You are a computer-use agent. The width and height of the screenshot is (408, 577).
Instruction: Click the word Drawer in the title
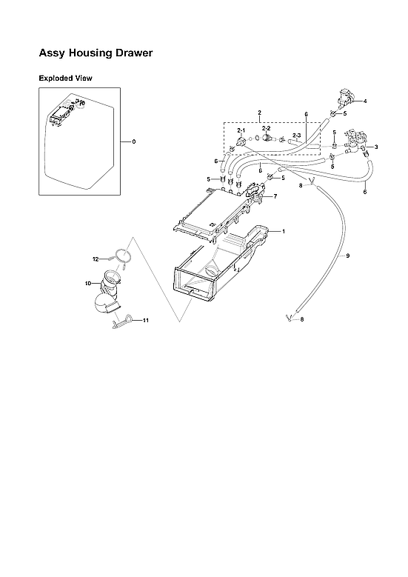(x=132, y=54)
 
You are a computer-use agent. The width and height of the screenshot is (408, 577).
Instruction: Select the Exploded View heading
(x=65, y=78)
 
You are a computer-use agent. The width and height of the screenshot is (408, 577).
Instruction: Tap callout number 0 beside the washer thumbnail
(x=133, y=141)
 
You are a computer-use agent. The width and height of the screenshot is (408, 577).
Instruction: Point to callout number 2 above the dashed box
(x=259, y=112)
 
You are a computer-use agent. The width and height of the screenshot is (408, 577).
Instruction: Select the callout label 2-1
(x=241, y=130)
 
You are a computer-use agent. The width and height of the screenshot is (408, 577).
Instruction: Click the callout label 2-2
(x=267, y=128)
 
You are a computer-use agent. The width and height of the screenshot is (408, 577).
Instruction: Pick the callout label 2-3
(x=296, y=135)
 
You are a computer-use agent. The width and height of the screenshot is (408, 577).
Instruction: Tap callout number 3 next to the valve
(x=376, y=147)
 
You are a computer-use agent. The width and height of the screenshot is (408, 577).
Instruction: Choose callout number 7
(x=275, y=196)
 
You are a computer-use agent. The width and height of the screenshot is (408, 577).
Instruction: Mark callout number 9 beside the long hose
(x=348, y=256)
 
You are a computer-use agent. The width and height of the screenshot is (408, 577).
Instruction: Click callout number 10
(x=87, y=283)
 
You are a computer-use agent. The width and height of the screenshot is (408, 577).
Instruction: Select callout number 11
(x=146, y=320)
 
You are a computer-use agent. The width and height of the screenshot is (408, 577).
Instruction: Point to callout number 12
(x=96, y=259)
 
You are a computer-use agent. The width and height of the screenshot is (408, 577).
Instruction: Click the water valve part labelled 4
(x=344, y=96)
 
